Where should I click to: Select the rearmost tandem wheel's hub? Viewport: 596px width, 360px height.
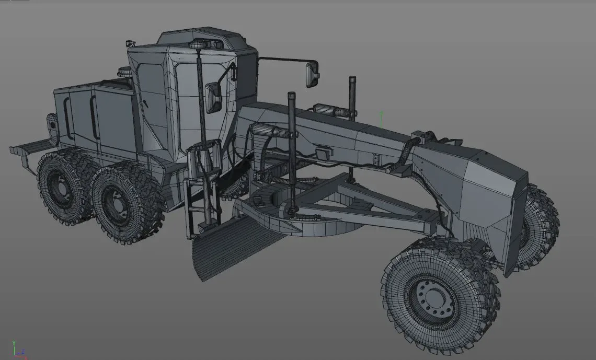tap(59, 186)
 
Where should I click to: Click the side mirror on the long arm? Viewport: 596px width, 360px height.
tap(313, 74)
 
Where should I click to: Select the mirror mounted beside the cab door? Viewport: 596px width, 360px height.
tap(213, 97)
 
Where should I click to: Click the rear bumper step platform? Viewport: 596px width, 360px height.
tap(26, 148)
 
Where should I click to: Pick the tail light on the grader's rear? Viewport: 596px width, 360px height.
tap(52, 124)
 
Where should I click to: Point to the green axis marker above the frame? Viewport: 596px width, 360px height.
tap(382, 120)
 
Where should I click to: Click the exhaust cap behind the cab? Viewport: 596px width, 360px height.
tap(124, 72)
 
